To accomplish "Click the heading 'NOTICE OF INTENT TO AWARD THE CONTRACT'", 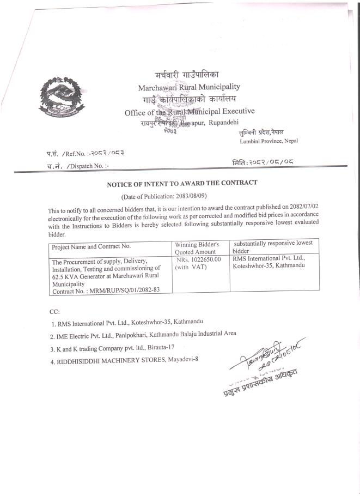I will [182, 184].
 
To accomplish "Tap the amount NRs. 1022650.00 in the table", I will [198, 259].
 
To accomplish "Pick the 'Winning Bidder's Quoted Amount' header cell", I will [197, 247].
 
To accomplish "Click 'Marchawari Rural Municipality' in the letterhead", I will [188, 87].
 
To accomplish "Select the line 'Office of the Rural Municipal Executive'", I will [189, 112].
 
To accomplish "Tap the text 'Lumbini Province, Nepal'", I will [269, 141].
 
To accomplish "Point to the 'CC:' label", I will [54, 311].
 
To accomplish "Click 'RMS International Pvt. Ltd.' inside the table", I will [268, 259].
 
